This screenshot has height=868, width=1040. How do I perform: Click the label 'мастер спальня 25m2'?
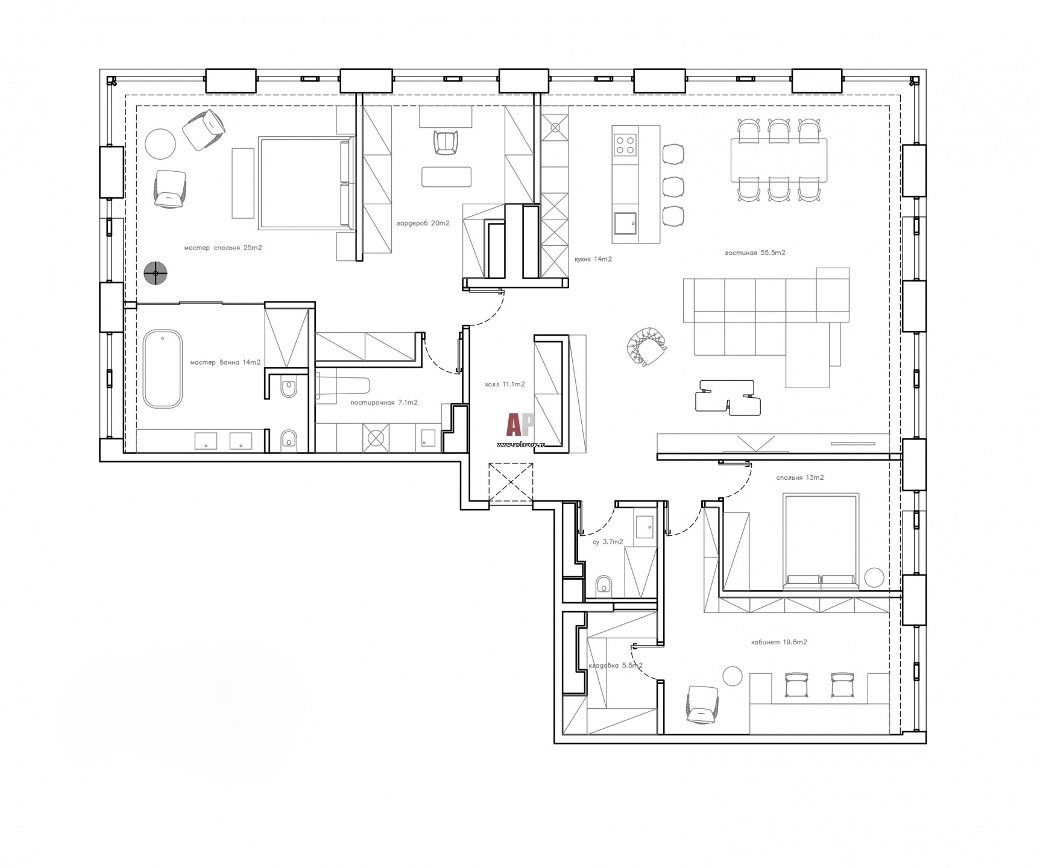click(x=223, y=248)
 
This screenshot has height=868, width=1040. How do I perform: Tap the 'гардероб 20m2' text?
click(x=423, y=223)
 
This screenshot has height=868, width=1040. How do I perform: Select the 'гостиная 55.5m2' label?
click(x=755, y=253)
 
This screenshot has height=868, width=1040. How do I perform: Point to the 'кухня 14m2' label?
click(x=593, y=259)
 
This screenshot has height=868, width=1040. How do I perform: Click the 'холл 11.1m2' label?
click(x=505, y=384)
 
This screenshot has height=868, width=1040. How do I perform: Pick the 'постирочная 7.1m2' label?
click(x=384, y=403)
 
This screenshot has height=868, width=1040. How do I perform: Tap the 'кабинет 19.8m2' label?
click(x=779, y=642)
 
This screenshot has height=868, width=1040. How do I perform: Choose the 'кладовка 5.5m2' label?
click(x=615, y=665)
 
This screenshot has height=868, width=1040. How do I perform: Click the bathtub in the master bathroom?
click(x=163, y=368)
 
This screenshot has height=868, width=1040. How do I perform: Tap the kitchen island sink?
click(x=625, y=224)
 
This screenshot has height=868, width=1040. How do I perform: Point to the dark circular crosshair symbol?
click(x=156, y=274)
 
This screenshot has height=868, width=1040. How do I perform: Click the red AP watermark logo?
click(x=520, y=424)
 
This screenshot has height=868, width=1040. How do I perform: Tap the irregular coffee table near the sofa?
click(x=727, y=397)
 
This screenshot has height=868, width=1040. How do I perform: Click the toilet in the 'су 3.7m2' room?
click(x=604, y=585)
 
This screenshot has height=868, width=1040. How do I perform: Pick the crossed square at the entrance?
click(x=511, y=482)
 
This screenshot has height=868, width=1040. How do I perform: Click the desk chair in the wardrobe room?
click(x=446, y=143)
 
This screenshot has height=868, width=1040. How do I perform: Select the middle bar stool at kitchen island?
click(x=673, y=186)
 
